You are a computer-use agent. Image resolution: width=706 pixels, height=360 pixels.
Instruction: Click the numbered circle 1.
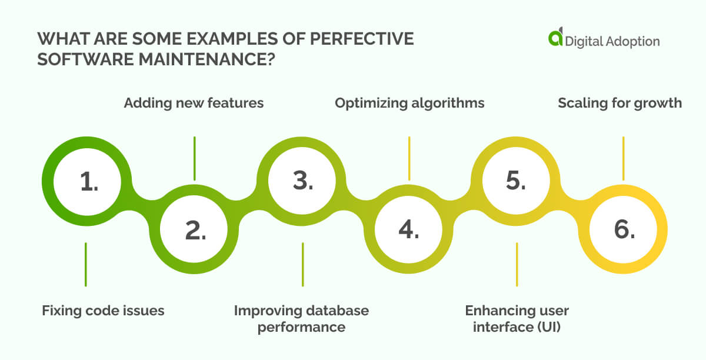(x=89, y=182)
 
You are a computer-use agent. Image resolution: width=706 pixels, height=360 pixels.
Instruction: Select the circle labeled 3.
(x=302, y=182)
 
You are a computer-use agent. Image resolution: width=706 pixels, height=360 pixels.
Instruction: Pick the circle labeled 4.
(x=409, y=231)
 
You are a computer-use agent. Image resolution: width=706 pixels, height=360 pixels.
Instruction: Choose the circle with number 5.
(x=516, y=182)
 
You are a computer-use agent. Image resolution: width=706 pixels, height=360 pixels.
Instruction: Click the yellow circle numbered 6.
(x=624, y=231)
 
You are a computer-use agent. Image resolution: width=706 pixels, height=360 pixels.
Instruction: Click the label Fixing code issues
(x=103, y=311)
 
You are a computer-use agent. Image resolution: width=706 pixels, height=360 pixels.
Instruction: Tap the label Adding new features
(x=194, y=103)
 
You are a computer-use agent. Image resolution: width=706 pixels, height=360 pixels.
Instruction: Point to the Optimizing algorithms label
(x=409, y=103)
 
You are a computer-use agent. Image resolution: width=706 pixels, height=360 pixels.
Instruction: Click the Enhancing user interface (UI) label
(x=517, y=318)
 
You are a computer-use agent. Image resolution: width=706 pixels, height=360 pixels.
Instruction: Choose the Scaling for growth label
(x=620, y=103)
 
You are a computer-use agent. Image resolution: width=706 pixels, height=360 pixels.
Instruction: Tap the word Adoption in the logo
(x=634, y=41)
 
